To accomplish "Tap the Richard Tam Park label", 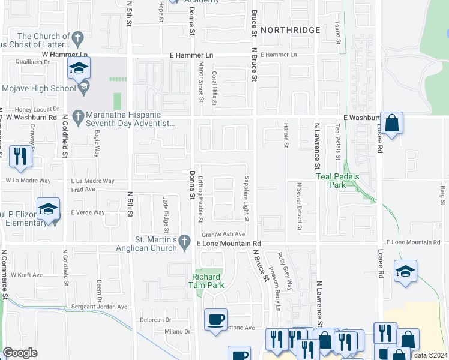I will click(208, 281).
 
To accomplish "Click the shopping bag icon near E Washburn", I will click(391, 124).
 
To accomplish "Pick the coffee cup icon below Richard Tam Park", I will click(215, 319).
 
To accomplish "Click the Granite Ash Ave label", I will click(223, 234).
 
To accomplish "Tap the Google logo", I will click(20, 353).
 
